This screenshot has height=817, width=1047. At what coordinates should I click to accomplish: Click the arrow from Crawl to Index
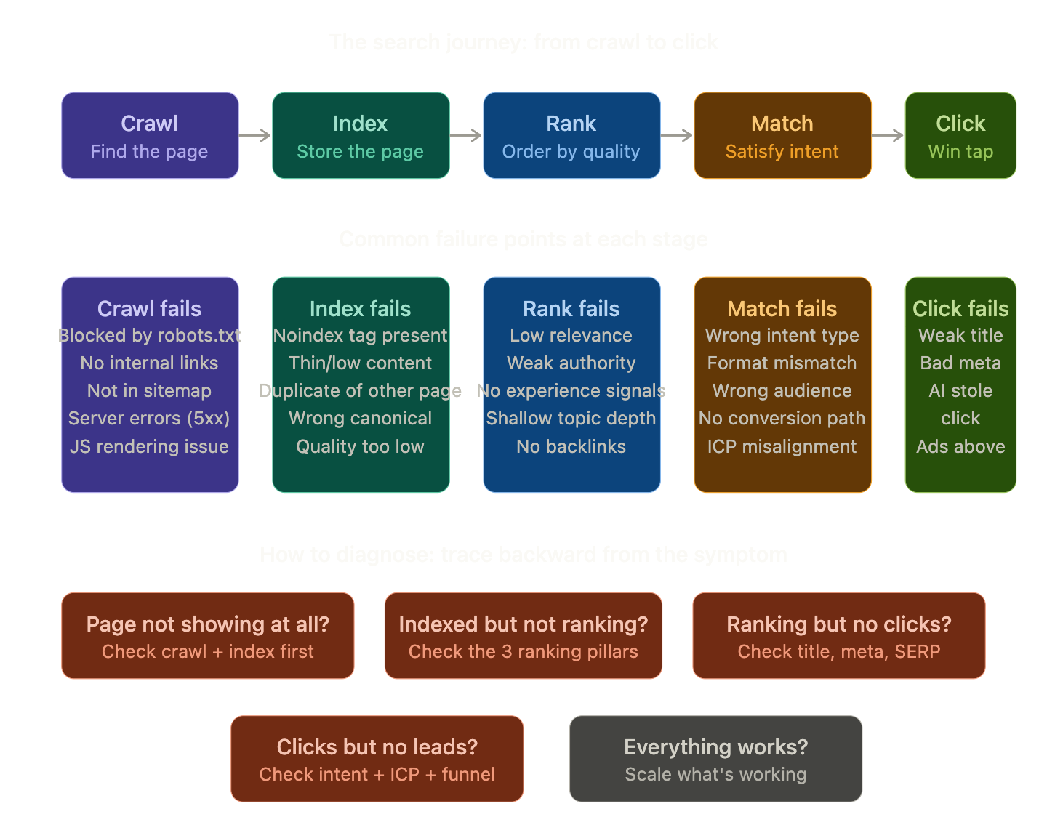point(255,135)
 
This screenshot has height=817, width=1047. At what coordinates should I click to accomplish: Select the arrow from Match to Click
point(888,135)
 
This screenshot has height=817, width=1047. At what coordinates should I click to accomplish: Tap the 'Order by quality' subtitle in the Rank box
point(571,152)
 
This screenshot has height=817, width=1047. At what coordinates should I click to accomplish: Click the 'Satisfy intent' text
point(782,152)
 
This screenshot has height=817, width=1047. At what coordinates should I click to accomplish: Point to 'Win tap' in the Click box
point(960,152)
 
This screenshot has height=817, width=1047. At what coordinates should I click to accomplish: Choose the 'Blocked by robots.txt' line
point(149,336)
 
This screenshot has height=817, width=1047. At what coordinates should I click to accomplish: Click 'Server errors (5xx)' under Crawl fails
point(149,419)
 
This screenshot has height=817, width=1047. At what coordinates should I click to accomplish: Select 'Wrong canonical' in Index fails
point(360,419)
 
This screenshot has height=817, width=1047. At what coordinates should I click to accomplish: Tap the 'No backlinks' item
point(571,447)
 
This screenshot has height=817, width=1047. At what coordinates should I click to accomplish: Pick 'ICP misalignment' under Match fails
point(782,447)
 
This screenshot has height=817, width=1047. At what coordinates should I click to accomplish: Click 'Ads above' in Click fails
point(960,447)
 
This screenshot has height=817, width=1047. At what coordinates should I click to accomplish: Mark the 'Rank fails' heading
point(571,309)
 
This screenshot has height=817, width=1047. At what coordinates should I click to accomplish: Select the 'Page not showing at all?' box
point(208,635)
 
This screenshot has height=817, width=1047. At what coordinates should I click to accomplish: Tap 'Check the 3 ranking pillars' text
point(523,652)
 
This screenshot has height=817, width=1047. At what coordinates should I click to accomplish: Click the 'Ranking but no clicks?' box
point(838,635)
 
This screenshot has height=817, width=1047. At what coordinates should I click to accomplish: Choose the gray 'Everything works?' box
point(715,758)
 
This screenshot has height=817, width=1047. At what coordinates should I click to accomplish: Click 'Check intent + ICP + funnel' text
point(377,775)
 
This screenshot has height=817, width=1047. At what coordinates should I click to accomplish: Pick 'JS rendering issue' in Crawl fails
point(149,447)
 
